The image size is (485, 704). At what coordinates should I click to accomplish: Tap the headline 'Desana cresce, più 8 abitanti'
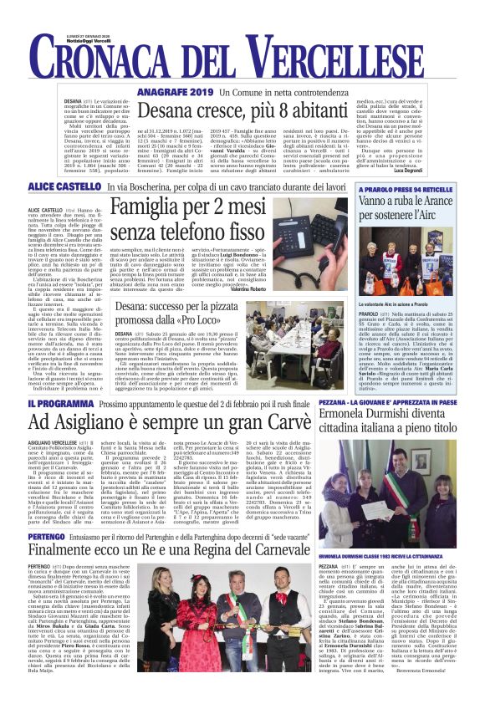tap(266, 110)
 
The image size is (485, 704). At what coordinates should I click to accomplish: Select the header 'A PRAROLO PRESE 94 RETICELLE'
tap(411, 212)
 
